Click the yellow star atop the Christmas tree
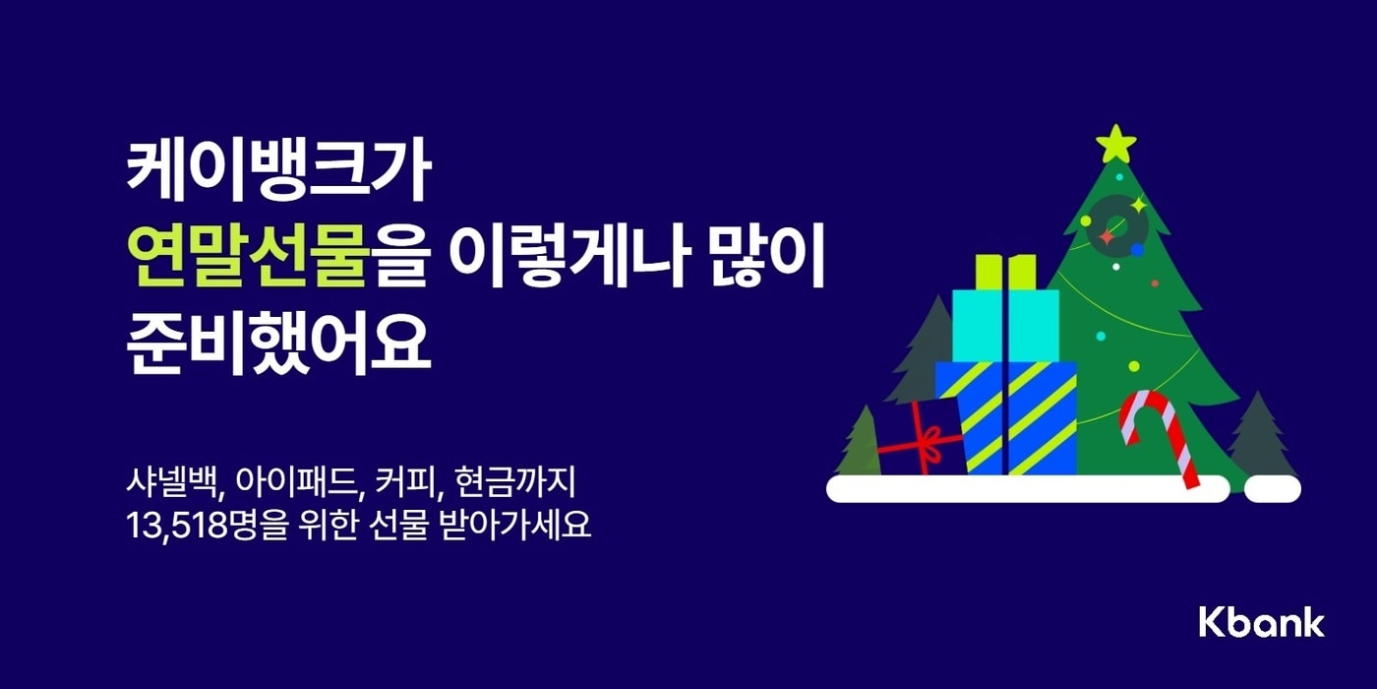pos(1116,145)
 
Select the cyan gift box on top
pos(1005,324)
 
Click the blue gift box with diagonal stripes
pos(1005,415)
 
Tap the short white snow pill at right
pos(1272,489)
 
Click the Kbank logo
pos(1261,622)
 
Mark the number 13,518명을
pos(205,526)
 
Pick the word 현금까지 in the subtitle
pos(529,484)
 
